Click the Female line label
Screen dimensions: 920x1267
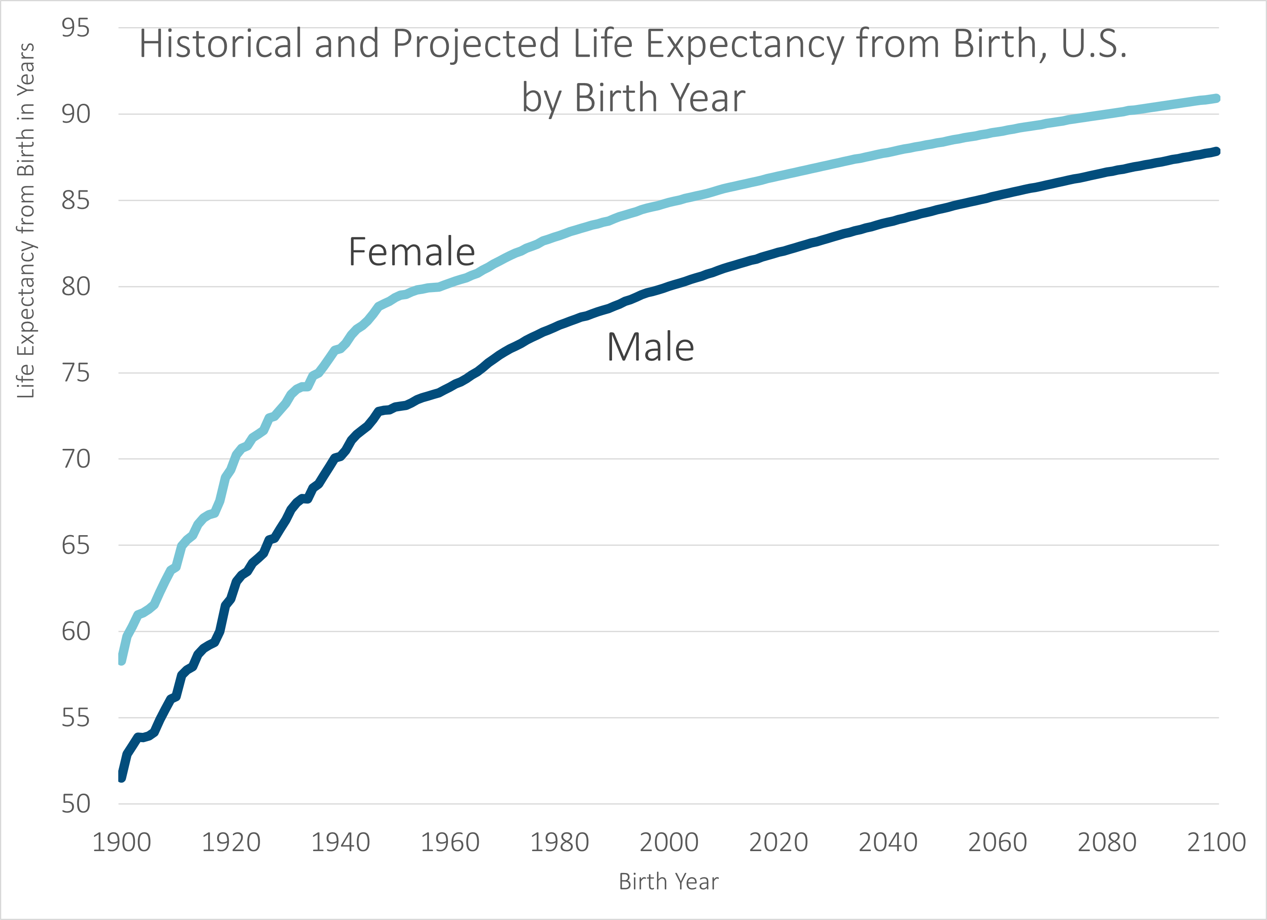coord(412,252)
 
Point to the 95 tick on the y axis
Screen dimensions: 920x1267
coord(75,28)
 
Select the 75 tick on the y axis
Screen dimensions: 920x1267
coord(75,373)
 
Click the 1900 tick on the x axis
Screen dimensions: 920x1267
coord(121,842)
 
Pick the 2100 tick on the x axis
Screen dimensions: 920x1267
coord(1216,842)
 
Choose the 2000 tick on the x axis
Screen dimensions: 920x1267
coord(669,842)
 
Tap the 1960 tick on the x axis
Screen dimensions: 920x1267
coord(450,842)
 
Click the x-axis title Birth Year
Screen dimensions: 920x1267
coord(668,882)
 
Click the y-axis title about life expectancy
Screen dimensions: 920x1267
coord(26,221)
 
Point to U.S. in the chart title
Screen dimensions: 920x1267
coord(1093,44)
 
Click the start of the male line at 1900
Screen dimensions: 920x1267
coord(121,777)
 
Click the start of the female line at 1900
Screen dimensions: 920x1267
coord(121,660)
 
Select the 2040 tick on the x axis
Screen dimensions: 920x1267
coord(888,842)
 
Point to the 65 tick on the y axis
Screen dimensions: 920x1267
coord(75,545)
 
